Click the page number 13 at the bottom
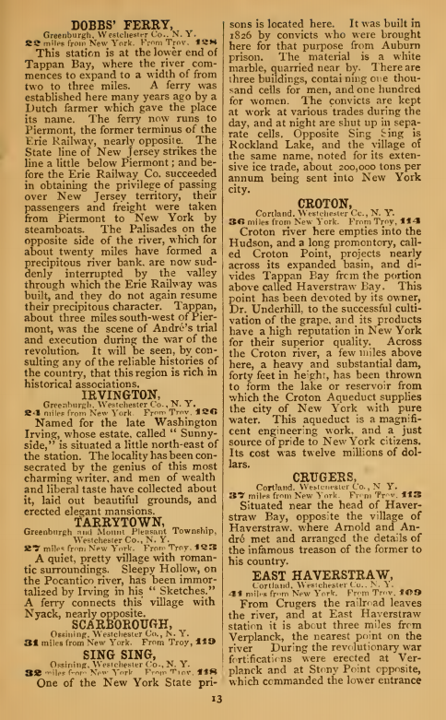click(x=223, y=707)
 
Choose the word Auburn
click(x=410, y=45)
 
